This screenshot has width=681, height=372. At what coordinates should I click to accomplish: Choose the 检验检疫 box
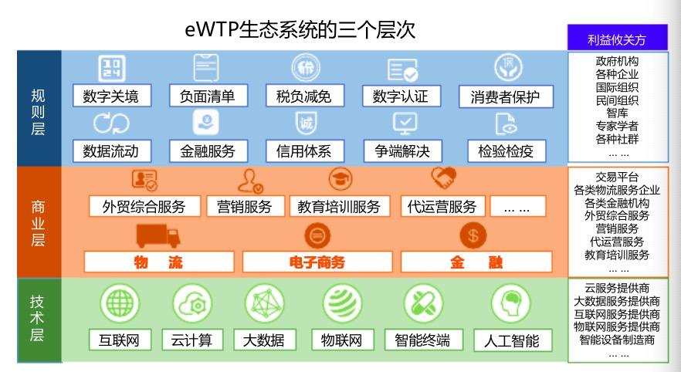(x=507, y=150)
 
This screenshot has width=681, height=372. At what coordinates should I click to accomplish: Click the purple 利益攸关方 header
(x=616, y=37)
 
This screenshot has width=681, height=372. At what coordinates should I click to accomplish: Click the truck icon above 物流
(x=158, y=235)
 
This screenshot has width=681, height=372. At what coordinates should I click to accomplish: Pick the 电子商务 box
(x=317, y=262)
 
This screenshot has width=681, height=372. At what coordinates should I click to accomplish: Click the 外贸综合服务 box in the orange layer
(x=144, y=206)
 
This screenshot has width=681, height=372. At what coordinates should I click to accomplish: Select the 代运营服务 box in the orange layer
(x=442, y=206)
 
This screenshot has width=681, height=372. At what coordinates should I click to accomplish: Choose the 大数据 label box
(x=263, y=340)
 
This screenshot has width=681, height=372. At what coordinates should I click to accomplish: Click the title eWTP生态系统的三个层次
(x=300, y=30)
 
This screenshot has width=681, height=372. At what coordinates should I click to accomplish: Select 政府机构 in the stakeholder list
(x=617, y=61)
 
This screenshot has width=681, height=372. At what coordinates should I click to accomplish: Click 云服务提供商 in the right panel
(x=617, y=289)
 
